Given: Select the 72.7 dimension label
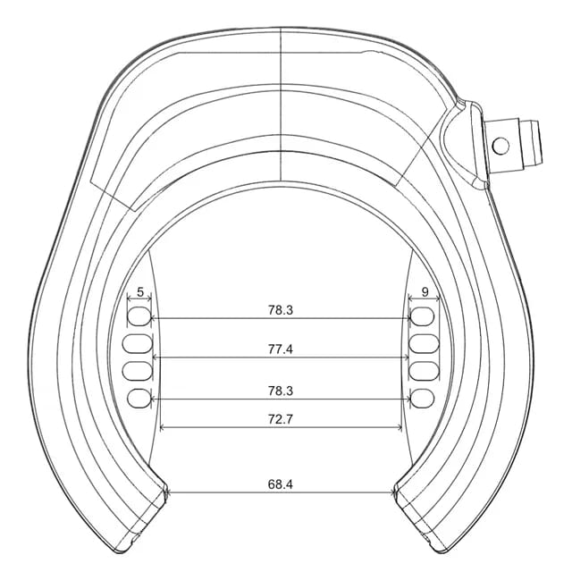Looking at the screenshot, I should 281,418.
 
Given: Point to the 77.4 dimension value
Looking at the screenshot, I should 281,349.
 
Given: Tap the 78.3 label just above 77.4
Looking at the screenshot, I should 281,309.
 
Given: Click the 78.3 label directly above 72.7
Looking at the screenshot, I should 281,391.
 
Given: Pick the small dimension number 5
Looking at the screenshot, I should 140,292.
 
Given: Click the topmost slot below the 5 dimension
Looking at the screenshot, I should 140,315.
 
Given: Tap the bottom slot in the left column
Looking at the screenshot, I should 139,398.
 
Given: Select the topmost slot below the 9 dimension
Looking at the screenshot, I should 424,315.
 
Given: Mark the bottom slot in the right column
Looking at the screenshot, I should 423,398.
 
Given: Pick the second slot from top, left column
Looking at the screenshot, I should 140,343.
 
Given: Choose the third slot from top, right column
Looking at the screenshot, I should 424,370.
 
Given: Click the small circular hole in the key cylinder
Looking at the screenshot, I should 500,143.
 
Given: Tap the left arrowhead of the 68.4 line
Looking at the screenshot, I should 170,492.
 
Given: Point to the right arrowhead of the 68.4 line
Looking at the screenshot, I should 393,492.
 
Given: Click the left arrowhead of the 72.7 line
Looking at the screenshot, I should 162,427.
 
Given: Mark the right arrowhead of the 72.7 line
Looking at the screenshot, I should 400,427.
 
